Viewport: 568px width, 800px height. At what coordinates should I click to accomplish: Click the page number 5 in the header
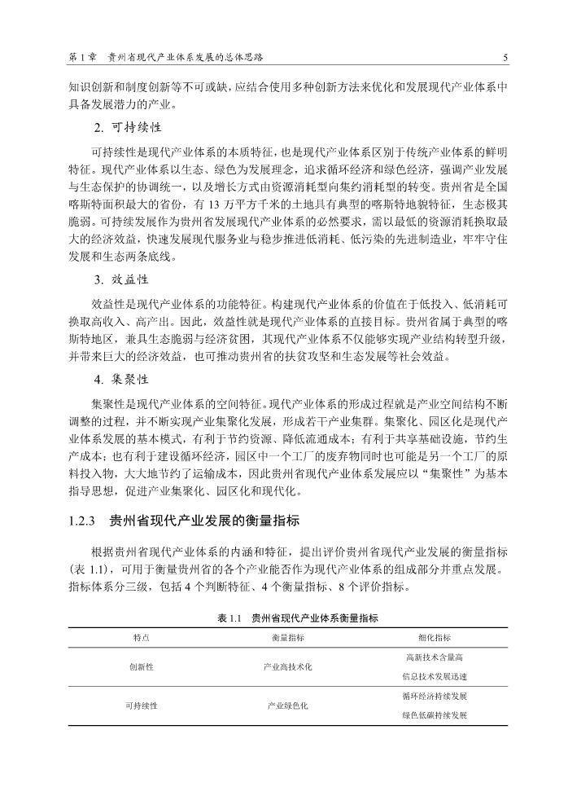[x=505, y=58]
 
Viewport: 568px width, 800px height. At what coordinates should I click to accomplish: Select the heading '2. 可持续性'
[x=128, y=128]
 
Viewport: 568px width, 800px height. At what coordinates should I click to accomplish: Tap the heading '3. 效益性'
[x=121, y=279]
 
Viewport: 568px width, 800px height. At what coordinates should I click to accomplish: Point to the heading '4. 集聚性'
[x=121, y=380]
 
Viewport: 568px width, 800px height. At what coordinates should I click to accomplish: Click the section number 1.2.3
[x=83, y=519]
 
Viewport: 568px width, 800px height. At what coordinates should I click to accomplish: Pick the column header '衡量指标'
[x=287, y=638]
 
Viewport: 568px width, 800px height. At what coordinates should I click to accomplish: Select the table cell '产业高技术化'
[x=287, y=666]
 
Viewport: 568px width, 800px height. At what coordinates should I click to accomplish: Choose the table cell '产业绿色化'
[x=287, y=705]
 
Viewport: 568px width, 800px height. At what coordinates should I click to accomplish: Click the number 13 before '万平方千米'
[x=216, y=204]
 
